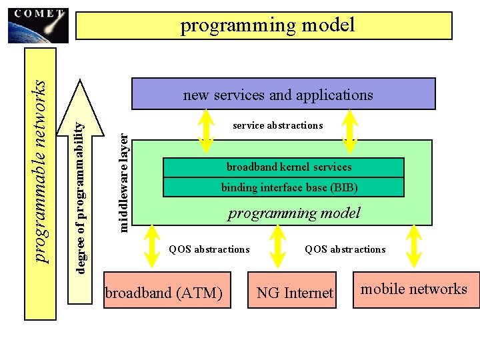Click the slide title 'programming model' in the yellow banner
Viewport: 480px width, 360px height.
(267, 26)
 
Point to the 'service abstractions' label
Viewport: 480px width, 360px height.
(277, 125)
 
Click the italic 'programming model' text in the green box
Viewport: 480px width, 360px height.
(293, 213)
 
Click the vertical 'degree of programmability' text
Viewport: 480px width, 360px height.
(80, 193)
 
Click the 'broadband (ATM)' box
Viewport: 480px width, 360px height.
(167, 291)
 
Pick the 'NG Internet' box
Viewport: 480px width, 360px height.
(294, 292)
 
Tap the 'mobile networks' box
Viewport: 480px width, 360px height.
(415, 289)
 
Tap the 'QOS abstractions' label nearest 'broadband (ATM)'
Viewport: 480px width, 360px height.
(209, 249)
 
